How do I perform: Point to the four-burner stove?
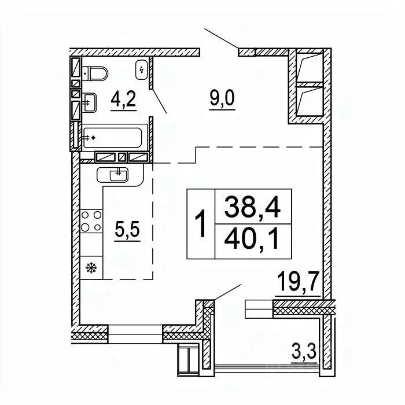click(x=91, y=222)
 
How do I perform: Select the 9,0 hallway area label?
click(x=222, y=98)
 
